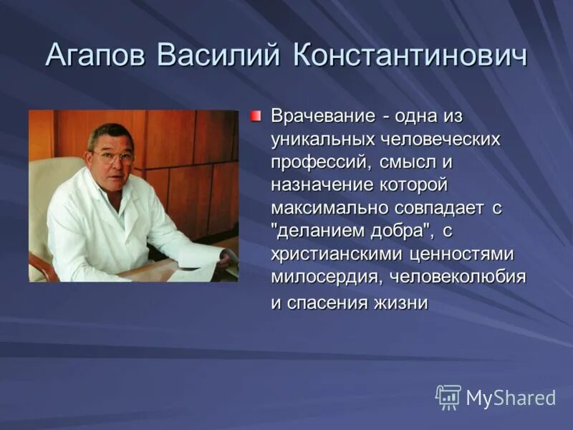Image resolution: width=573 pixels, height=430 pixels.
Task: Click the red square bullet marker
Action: pyautogui.click(x=256, y=115)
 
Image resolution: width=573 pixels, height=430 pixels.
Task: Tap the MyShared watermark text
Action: pyautogui.click(x=511, y=398)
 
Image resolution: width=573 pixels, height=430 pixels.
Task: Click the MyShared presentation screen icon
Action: pyautogui.click(x=448, y=397)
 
